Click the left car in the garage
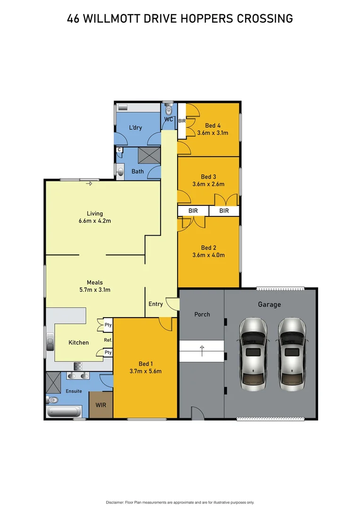[x=254, y=353]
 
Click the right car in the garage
[x=292, y=353]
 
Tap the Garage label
[x=269, y=304]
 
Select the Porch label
[x=202, y=314]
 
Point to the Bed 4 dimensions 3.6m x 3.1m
[x=213, y=133]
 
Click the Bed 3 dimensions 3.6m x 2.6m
[x=209, y=184]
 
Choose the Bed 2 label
[x=209, y=248]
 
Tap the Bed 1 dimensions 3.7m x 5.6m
[x=146, y=371]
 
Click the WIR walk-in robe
[x=101, y=405]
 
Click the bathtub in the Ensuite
[x=65, y=412]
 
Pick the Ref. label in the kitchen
[x=107, y=340]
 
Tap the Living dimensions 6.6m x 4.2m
[x=95, y=221]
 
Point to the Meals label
[x=95, y=283]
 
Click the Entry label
[x=155, y=304]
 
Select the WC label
[x=168, y=119]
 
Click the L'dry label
[x=135, y=128]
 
